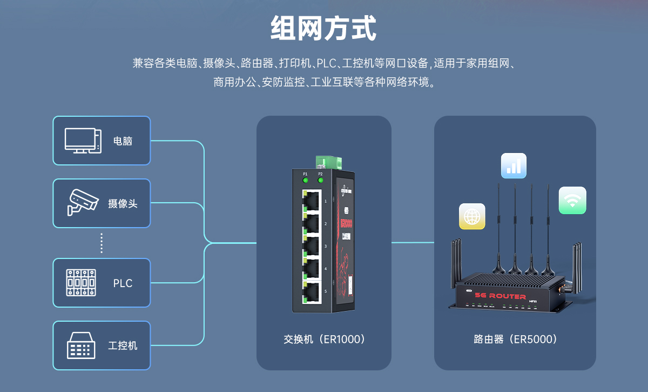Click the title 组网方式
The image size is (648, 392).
(323, 29)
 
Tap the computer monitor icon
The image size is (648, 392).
(83, 141)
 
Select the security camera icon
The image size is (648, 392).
(83, 203)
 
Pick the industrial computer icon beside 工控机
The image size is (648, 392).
(81, 345)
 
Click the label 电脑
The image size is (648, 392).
(123, 141)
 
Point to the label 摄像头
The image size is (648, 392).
(123, 204)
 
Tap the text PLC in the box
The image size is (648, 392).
(123, 283)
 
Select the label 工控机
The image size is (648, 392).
(123, 346)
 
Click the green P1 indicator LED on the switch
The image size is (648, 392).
(305, 181)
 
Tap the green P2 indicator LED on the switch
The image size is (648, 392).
(321, 181)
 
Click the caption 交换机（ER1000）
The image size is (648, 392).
(324, 340)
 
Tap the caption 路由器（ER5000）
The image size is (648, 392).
(515, 340)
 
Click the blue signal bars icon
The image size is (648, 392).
(514, 165)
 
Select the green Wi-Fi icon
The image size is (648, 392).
(572, 201)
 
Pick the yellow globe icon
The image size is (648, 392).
(472, 217)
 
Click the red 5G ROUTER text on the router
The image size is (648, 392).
(500, 296)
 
